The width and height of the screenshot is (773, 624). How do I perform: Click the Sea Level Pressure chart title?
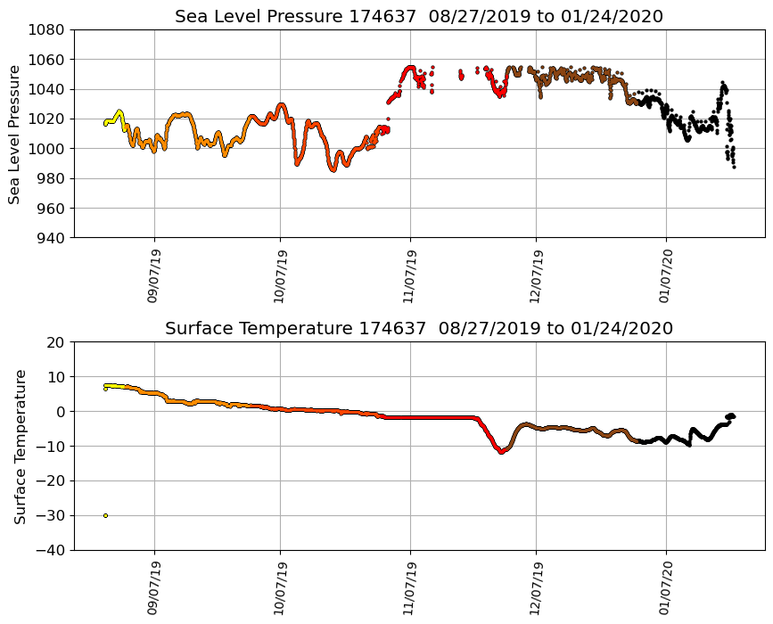(x=418, y=16)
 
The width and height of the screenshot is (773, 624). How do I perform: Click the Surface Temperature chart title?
(x=418, y=328)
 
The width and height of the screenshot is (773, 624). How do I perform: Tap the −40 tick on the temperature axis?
(x=53, y=550)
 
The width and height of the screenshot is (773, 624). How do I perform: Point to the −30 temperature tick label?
(x=53, y=516)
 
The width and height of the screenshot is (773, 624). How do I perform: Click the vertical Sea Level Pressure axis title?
(x=15, y=134)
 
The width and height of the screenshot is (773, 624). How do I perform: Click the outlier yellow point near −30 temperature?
(x=105, y=515)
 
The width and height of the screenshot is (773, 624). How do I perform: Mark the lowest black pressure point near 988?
(x=734, y=167)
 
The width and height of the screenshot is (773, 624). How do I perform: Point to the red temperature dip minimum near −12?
(x=501, y=452)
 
